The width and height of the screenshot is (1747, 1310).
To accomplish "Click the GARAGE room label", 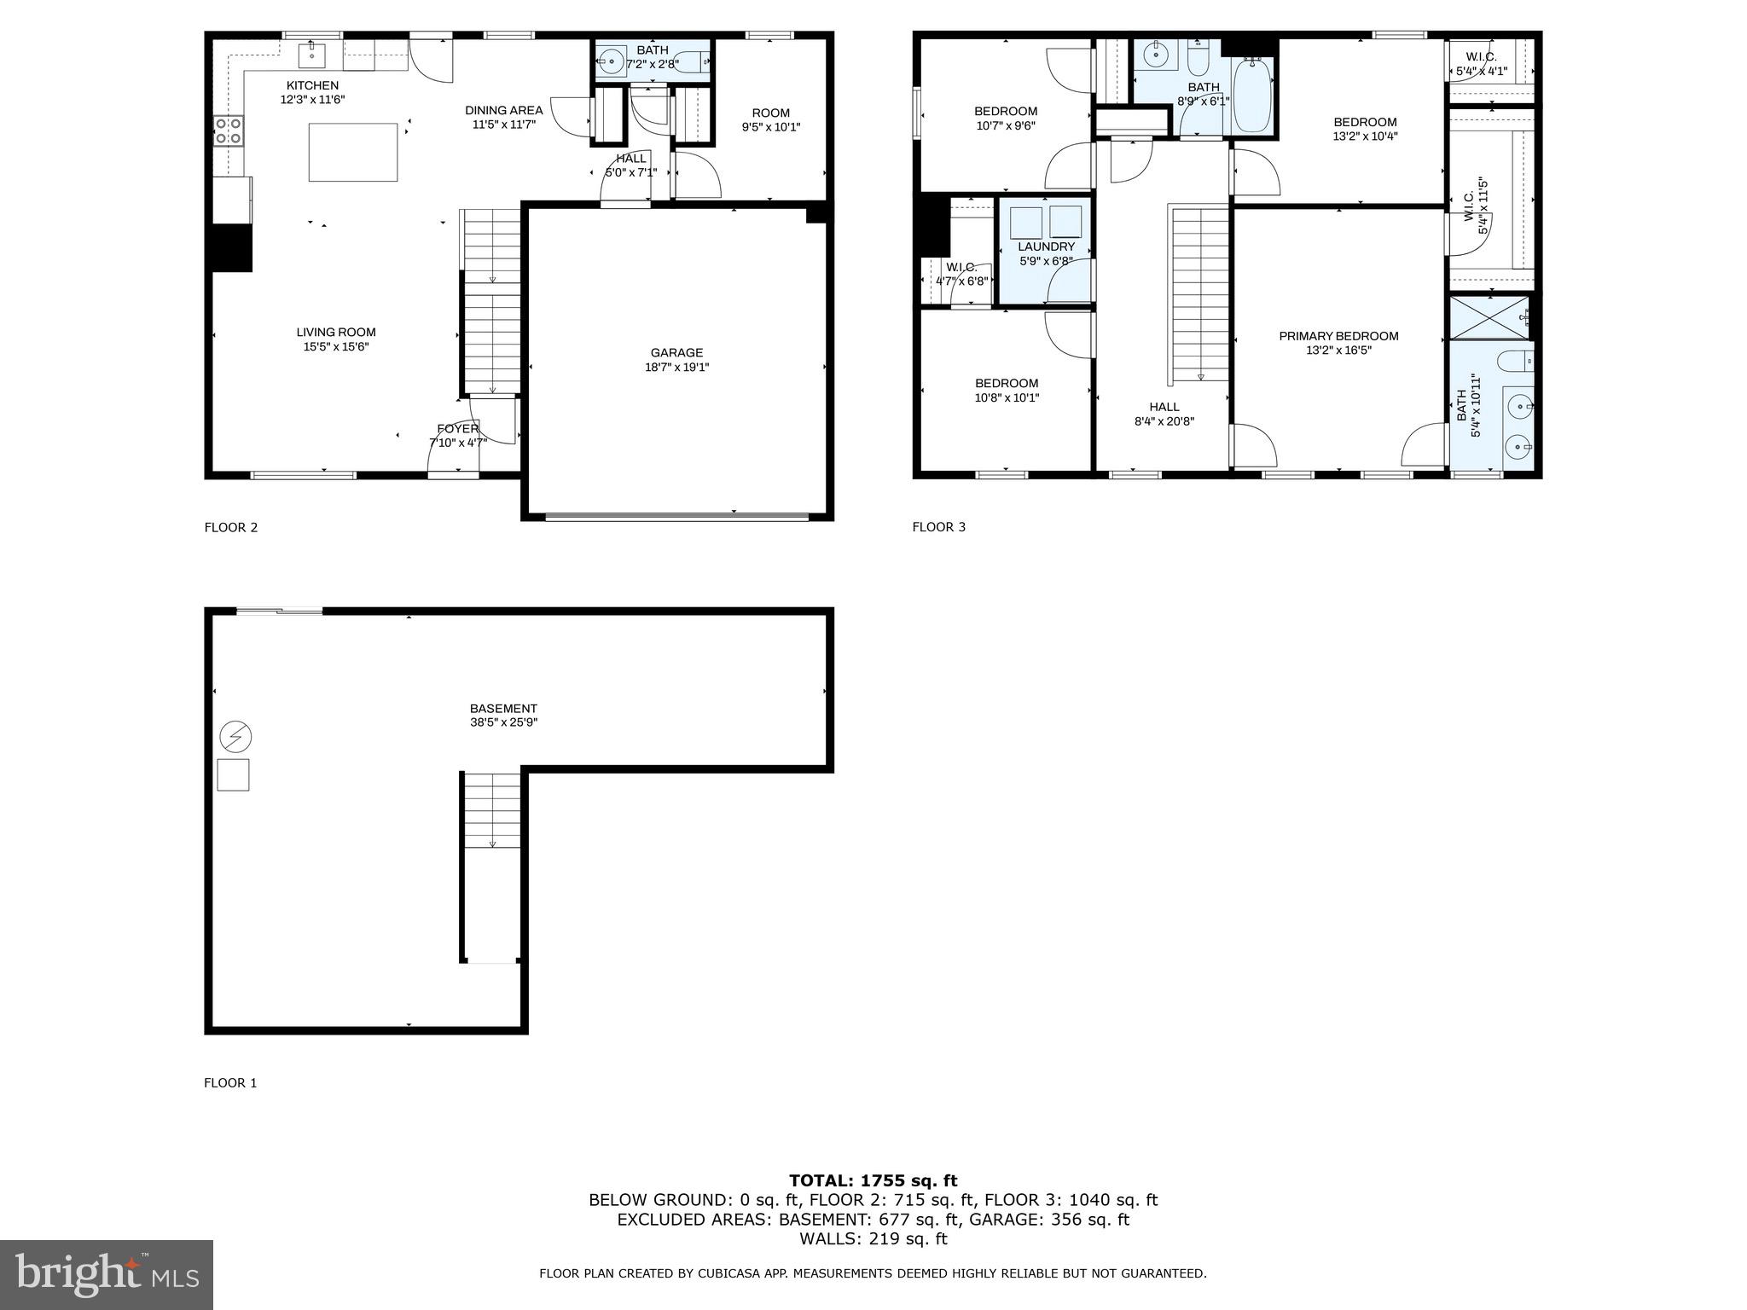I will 676,352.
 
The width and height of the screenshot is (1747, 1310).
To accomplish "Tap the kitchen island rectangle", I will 352,153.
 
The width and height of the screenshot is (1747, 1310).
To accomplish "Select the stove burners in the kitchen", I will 228,130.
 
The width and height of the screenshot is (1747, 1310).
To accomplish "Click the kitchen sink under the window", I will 311,56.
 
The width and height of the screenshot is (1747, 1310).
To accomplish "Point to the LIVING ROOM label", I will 336,333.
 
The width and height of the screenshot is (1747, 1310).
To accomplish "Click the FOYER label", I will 458,428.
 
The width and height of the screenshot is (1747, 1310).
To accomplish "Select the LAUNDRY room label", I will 1046,246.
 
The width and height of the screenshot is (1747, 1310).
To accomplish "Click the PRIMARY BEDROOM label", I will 1338,336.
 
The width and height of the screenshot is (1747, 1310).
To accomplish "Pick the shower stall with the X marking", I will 1489,316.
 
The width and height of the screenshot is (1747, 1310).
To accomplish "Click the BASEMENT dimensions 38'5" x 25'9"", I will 503,722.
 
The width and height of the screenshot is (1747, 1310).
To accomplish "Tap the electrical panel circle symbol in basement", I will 235,735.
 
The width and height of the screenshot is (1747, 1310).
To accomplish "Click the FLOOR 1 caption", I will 230,1083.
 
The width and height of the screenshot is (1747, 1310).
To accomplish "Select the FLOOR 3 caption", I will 938,527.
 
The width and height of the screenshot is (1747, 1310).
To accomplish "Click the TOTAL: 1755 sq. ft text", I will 873,1181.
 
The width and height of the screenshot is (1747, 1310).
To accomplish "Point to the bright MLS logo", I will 107,1275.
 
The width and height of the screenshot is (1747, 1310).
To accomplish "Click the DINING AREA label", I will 503,110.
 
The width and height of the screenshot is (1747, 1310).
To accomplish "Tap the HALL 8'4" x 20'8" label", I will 1164,414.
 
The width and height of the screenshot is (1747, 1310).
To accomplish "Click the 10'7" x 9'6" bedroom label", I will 1006,125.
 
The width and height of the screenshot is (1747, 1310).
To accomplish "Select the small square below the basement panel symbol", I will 233,774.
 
